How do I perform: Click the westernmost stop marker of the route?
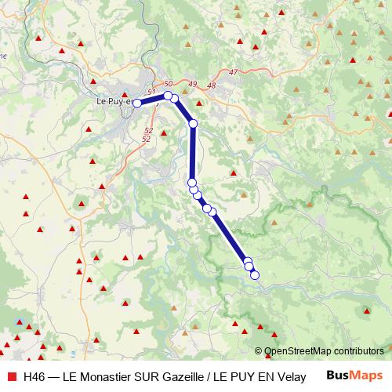(x=137, y=103)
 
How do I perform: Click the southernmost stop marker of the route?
(x=254, y=274)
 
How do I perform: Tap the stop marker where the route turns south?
(x=193, y=123)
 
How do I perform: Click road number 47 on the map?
(x=233, y=72)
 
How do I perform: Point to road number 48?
(x=210, y=85)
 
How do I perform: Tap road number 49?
(x=192, y=84)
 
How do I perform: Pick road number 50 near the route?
(x=168, y=84)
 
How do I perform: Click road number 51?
(x=151, y=93)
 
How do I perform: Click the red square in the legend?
(x=11, y=376)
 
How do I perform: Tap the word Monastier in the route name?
(x=109, y=376)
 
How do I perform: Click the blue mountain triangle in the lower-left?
(x=20, y=321)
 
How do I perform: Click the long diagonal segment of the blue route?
(x=230, y=236)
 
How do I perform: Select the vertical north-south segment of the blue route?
(x=192, y=153)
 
